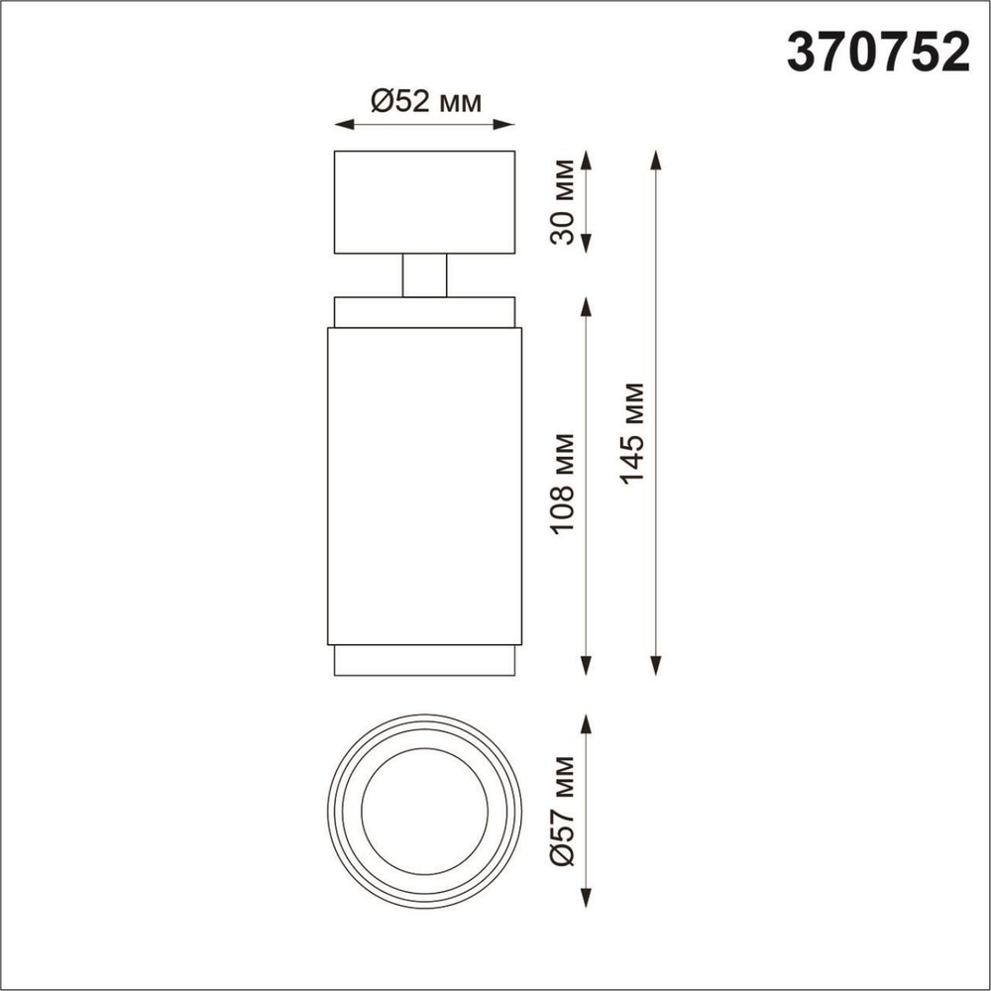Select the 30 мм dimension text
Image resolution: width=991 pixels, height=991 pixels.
click(563, 200)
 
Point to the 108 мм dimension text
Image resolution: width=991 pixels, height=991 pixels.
click(563, 483)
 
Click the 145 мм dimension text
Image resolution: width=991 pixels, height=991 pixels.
click(631, 433)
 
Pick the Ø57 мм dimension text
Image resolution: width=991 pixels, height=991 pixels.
click(563, 811)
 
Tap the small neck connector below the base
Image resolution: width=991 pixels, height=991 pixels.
click(424, 275)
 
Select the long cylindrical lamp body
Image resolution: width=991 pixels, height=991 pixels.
click(424, 485)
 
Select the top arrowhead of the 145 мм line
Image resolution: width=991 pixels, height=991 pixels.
click(655, 158)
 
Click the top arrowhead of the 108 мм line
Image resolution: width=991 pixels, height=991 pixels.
click(586, 302)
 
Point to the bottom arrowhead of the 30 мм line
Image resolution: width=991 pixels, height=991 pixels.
click(586, 241)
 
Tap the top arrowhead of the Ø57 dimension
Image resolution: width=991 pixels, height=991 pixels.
click(586, 721)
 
